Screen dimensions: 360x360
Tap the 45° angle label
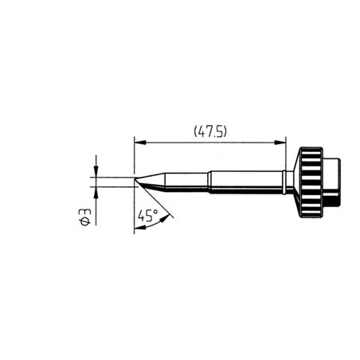pyautogui.click(x=147, y=216)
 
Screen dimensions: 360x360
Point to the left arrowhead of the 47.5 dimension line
pyautogui.click(x=139, y=143)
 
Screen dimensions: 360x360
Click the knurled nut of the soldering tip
pyautogui.click(x=310, y=182)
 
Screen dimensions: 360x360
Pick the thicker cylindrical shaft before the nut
pyautogui.click(x=247, y=182)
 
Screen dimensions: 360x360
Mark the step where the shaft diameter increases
pyautogui.click(x=209, y=182)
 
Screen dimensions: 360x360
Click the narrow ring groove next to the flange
pyautogui.click(x=286, y=182)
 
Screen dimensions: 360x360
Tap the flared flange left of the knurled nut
pyautogui.click(x=293, y=182)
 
